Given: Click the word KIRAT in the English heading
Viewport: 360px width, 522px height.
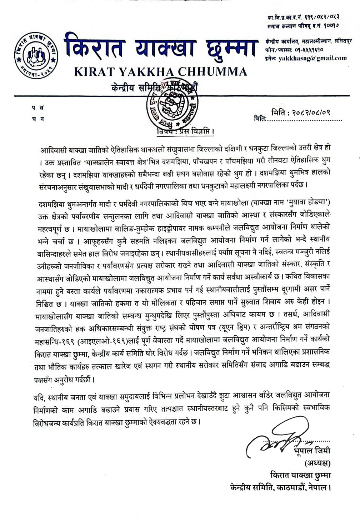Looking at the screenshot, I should point(94,72).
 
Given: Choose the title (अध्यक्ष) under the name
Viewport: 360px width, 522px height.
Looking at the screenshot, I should point(317,463).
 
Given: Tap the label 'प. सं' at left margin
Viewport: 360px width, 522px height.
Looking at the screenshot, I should point(38,108).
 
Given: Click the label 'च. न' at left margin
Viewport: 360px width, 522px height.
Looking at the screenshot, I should point(38,119).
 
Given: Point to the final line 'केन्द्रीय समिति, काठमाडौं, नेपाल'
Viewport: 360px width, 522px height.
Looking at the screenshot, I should point(281,487).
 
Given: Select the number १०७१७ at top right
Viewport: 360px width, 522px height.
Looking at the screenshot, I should point(331,26).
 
